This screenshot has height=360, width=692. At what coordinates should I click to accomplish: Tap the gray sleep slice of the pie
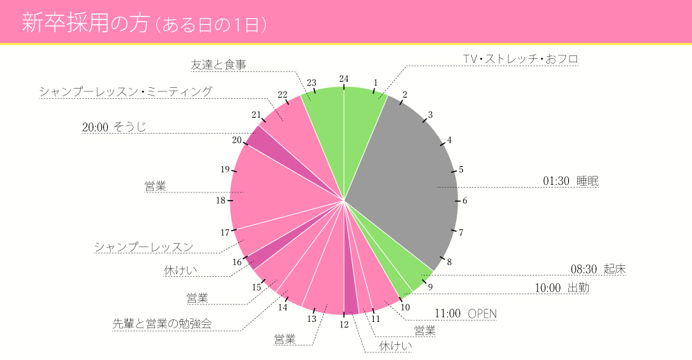click(x=408, y=180)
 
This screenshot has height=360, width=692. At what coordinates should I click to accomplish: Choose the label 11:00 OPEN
click(x=465, y=314)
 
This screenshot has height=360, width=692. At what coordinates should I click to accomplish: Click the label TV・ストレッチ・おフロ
click(x=520, y=60)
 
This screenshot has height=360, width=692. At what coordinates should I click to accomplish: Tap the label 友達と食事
click(x=219, y=65)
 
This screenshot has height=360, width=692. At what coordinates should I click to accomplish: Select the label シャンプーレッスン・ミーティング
click(x=125, y=91)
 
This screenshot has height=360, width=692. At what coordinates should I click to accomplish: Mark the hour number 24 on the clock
click(x=344, y=79)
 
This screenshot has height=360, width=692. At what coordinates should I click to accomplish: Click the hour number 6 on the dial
click(x=465, y=201)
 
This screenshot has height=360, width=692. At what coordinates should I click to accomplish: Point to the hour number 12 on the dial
click(x=344, y=324)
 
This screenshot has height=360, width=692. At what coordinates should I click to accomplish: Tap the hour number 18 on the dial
click(x=221, y=201)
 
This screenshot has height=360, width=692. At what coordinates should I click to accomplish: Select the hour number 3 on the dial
click(x=430, y=115)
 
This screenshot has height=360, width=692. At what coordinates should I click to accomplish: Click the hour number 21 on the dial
click(x=257, y=115)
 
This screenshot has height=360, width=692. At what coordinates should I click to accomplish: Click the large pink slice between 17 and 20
click(x=277, y=187)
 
